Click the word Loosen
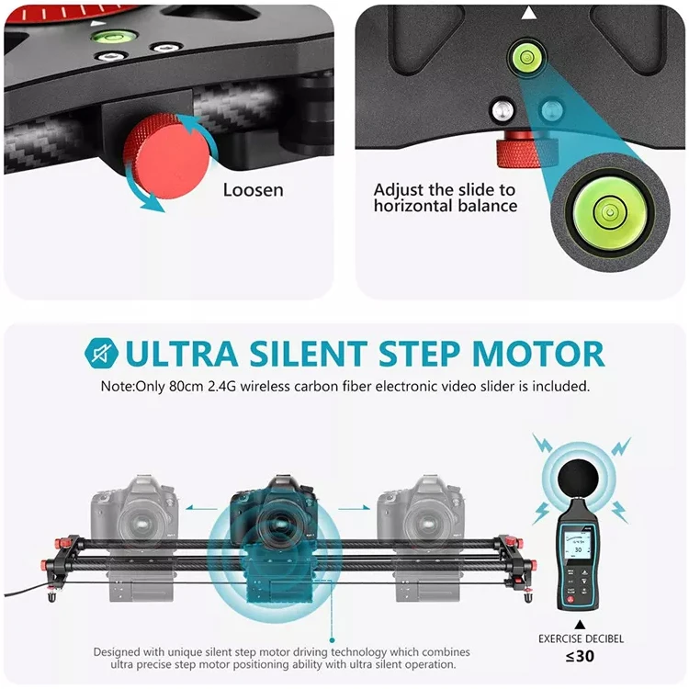254,191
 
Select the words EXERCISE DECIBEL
580,638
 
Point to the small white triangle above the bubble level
528,13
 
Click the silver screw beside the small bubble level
500,111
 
